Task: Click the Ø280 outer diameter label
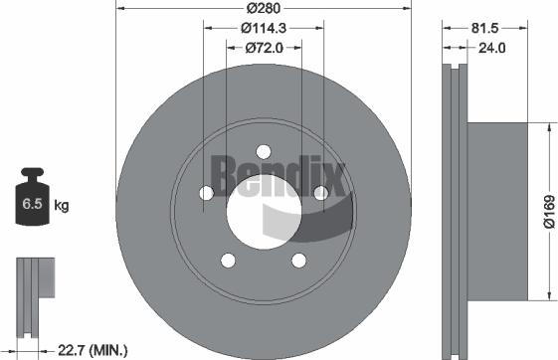click(264, 7)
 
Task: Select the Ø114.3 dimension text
click(264, 27)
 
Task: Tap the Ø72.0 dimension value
click(264, 47)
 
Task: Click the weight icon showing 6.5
click(32, 205)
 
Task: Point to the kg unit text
click(61, 206)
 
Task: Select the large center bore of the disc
click(264, 211)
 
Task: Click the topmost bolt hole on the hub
click(264, 151)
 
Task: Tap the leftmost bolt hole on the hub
click(206, 193)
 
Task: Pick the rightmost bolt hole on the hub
click(321, 193)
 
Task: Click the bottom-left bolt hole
click(228, 261)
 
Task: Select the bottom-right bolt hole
click(299, 261)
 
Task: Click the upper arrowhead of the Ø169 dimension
click(546, 127)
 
